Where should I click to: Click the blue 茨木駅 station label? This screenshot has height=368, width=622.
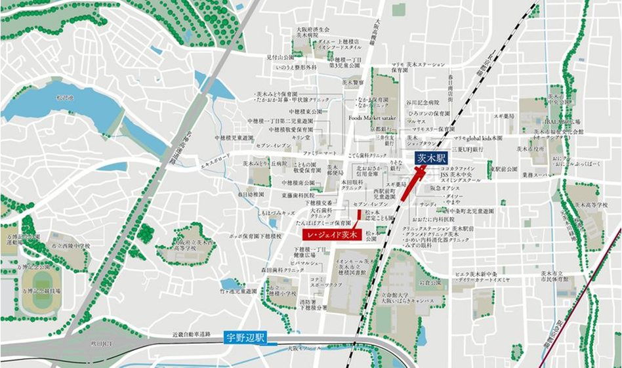tap(430, 158)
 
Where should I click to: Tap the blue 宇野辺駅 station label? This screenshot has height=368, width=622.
tap(243, 338)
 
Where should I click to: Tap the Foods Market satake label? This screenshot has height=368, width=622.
tap(373, 118)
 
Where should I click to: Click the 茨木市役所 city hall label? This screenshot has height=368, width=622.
tap(531, 149)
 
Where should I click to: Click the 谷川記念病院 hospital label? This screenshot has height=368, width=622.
tap(425, 102)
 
